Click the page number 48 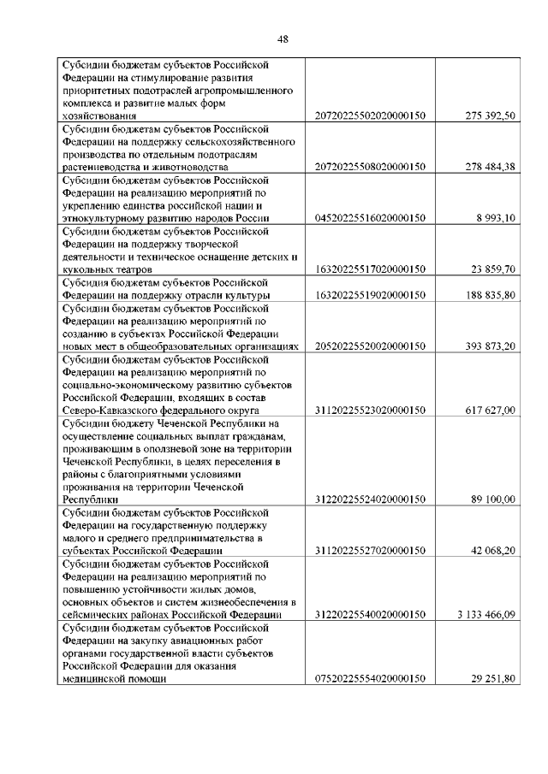(283, 38)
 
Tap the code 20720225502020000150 (371, 115)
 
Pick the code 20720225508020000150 (371, 167)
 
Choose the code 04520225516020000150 (371, 218)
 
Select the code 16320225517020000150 (371, 269)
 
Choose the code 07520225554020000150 (371, 679)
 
